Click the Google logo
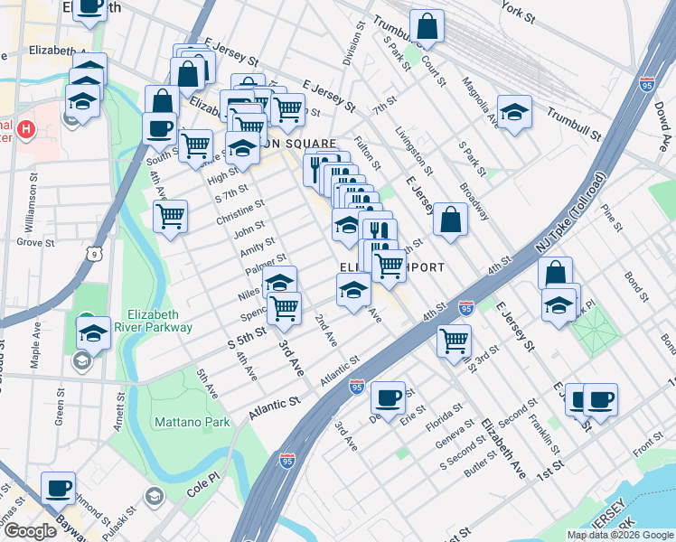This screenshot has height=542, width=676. click(30, 531)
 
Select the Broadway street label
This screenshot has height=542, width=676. click(474, 200)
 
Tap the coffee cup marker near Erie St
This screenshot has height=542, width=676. click(389, 397)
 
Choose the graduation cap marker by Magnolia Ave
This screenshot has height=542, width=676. click(514, 112)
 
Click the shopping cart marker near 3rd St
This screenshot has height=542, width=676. click(453, 341)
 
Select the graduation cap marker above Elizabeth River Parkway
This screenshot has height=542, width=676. click(93, 332)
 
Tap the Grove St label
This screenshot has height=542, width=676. click(36, 242)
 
